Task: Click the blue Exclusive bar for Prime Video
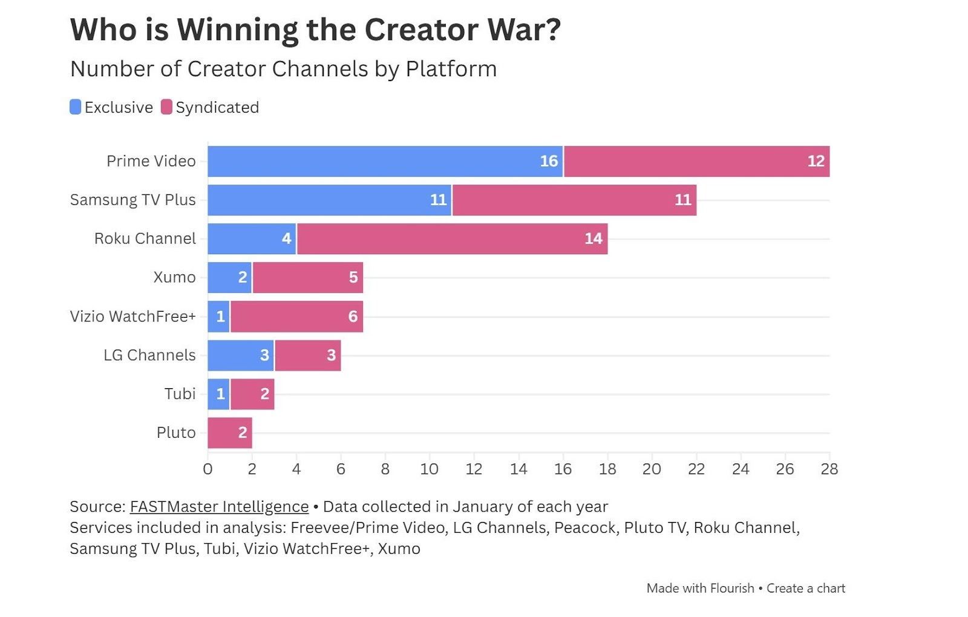tap(385, 161)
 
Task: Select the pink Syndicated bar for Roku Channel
tap(452, 239)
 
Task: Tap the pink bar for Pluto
tap(230, 432)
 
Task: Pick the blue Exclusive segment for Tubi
tap(218, 394)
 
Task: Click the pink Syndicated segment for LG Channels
tap(307, 355)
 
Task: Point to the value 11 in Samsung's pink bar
tap(682, 200)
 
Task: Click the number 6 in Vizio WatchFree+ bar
tap(353, 317)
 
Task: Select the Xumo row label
tap(174, 277)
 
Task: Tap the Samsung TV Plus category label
tap(132, 200)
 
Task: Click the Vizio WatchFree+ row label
tap(132, 317)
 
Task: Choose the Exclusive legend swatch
tap(76, 107)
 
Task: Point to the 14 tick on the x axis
tap(518, 469)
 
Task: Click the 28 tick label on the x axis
tap(829, 469)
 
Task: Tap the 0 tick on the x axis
tap(208, 469)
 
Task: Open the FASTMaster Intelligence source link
tap(219, 507)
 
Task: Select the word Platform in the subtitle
tap(451, 69)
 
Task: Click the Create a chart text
tap(805, 588)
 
